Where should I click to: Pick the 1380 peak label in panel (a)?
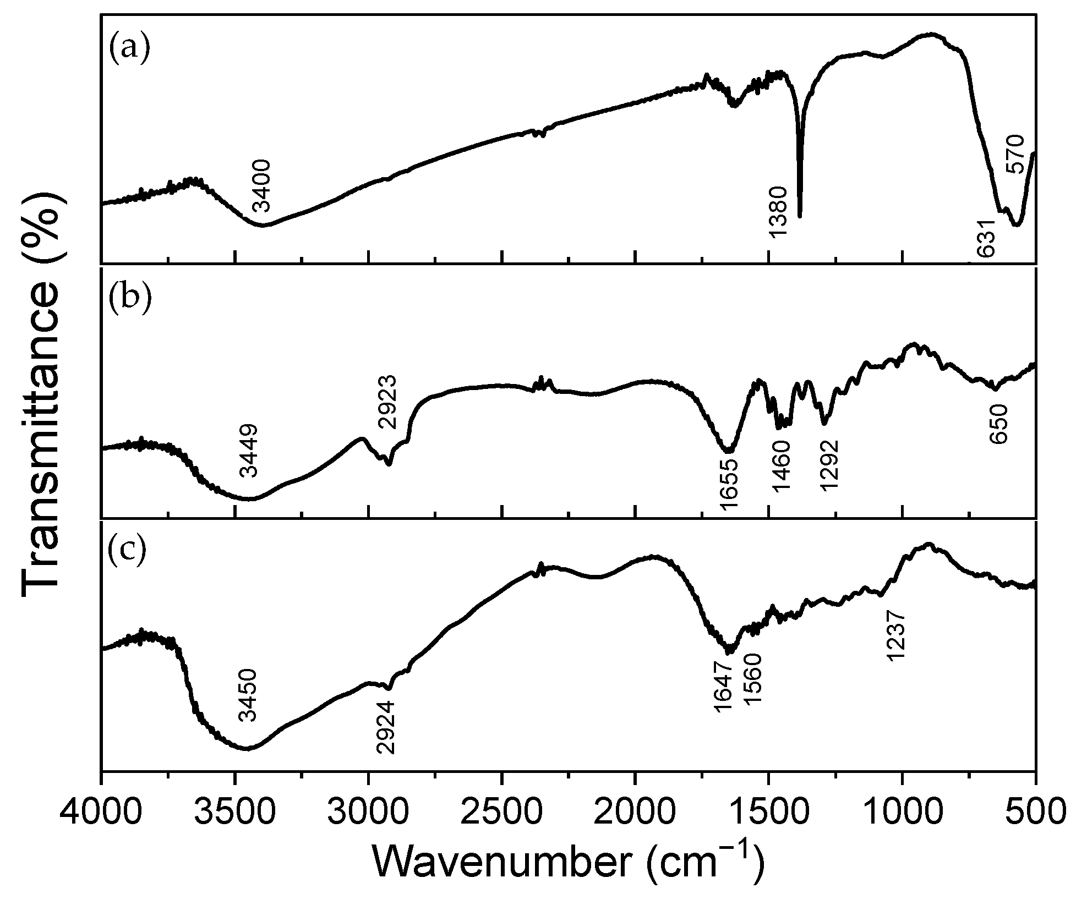[778, 212]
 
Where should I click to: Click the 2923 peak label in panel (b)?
[387, 402]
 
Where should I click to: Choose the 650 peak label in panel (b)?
[998, 425]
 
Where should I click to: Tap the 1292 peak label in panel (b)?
[828, 465]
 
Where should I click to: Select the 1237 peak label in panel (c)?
[896, 635]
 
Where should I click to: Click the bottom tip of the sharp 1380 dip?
[800, 216]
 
